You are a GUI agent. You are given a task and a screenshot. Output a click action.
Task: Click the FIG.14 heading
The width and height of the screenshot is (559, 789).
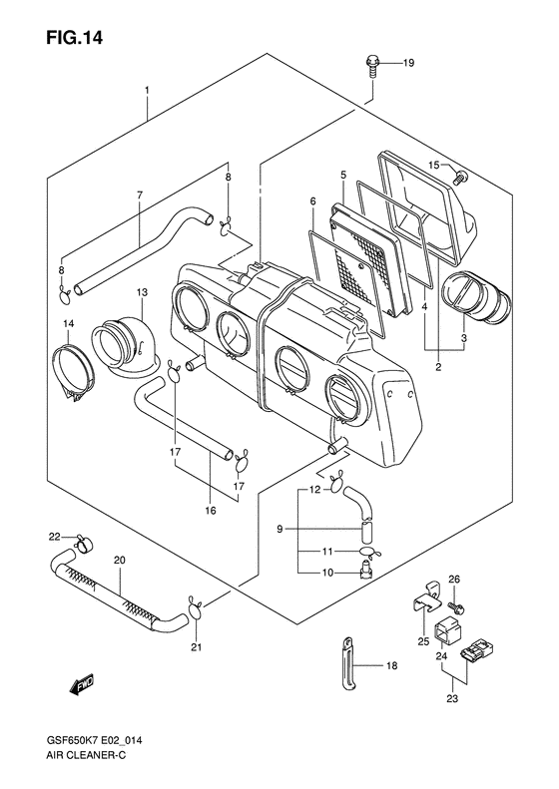click(74, 37)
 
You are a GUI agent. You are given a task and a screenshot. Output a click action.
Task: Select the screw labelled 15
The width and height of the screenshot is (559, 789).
click(460, 178)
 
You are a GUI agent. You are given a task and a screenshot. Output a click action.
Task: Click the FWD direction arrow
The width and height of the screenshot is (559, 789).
click(82, 685)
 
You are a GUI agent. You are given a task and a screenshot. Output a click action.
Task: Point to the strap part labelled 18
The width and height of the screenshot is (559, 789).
click(347, 664)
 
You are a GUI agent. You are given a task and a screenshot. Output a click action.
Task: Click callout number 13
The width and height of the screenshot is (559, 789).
click(142, 292)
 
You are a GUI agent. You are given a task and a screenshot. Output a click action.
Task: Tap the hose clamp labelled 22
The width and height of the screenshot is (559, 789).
click(84, 543)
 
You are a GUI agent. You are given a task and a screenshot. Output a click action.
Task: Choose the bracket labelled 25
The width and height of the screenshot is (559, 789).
click(426, 598)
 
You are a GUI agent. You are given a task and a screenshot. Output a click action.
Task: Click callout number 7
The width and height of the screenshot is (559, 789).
click(140, 195)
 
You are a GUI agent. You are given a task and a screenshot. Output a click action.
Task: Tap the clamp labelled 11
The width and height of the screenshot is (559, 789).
click(371, 552)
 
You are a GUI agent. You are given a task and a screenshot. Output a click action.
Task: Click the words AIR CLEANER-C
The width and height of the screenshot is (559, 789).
click(82, 756)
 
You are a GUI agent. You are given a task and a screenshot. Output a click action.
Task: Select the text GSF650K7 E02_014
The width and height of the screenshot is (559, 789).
click(94, 740)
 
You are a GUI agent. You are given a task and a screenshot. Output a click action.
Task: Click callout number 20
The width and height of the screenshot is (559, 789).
click(120, 560)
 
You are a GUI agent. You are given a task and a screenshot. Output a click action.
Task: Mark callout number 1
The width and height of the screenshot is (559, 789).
click(147, 90)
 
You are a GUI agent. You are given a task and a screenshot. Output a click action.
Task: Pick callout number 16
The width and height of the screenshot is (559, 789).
click(211, 511)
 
